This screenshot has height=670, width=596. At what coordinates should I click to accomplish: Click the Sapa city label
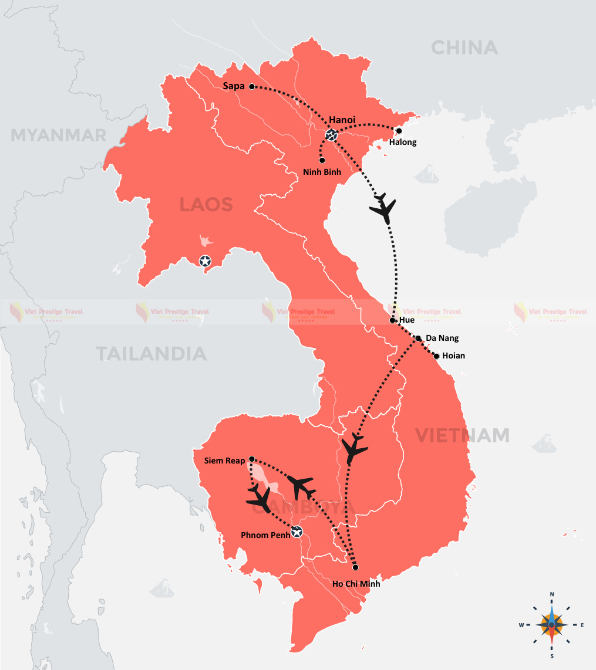[234, 86]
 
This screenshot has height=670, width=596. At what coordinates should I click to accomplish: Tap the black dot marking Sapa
[252, 87]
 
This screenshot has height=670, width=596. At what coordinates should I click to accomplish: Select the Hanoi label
[343, 120]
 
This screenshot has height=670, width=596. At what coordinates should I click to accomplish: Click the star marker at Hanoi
[331, 136]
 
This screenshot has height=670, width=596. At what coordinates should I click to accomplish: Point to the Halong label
[403, 142]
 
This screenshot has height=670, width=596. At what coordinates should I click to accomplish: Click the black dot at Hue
[393, 320]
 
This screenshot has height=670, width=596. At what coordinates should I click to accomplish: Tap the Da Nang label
[442, 338]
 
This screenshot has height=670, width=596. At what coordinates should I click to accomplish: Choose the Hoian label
[453, 356]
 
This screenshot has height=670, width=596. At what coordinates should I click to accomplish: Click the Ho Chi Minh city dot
[355, 567]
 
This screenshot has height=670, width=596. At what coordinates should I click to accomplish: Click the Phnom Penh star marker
[297, 532]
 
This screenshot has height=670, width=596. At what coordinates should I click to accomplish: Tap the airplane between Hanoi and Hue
[384, 208]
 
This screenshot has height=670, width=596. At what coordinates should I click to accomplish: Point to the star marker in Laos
[205, 261]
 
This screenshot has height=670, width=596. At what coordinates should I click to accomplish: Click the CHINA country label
[464, 48]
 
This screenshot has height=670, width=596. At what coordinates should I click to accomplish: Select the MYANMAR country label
[59, 136]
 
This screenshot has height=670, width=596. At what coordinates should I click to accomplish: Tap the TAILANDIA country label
[151, 354]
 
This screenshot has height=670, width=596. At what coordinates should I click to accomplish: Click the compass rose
[551, 625]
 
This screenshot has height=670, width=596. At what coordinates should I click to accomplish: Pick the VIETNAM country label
[463, 435]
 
